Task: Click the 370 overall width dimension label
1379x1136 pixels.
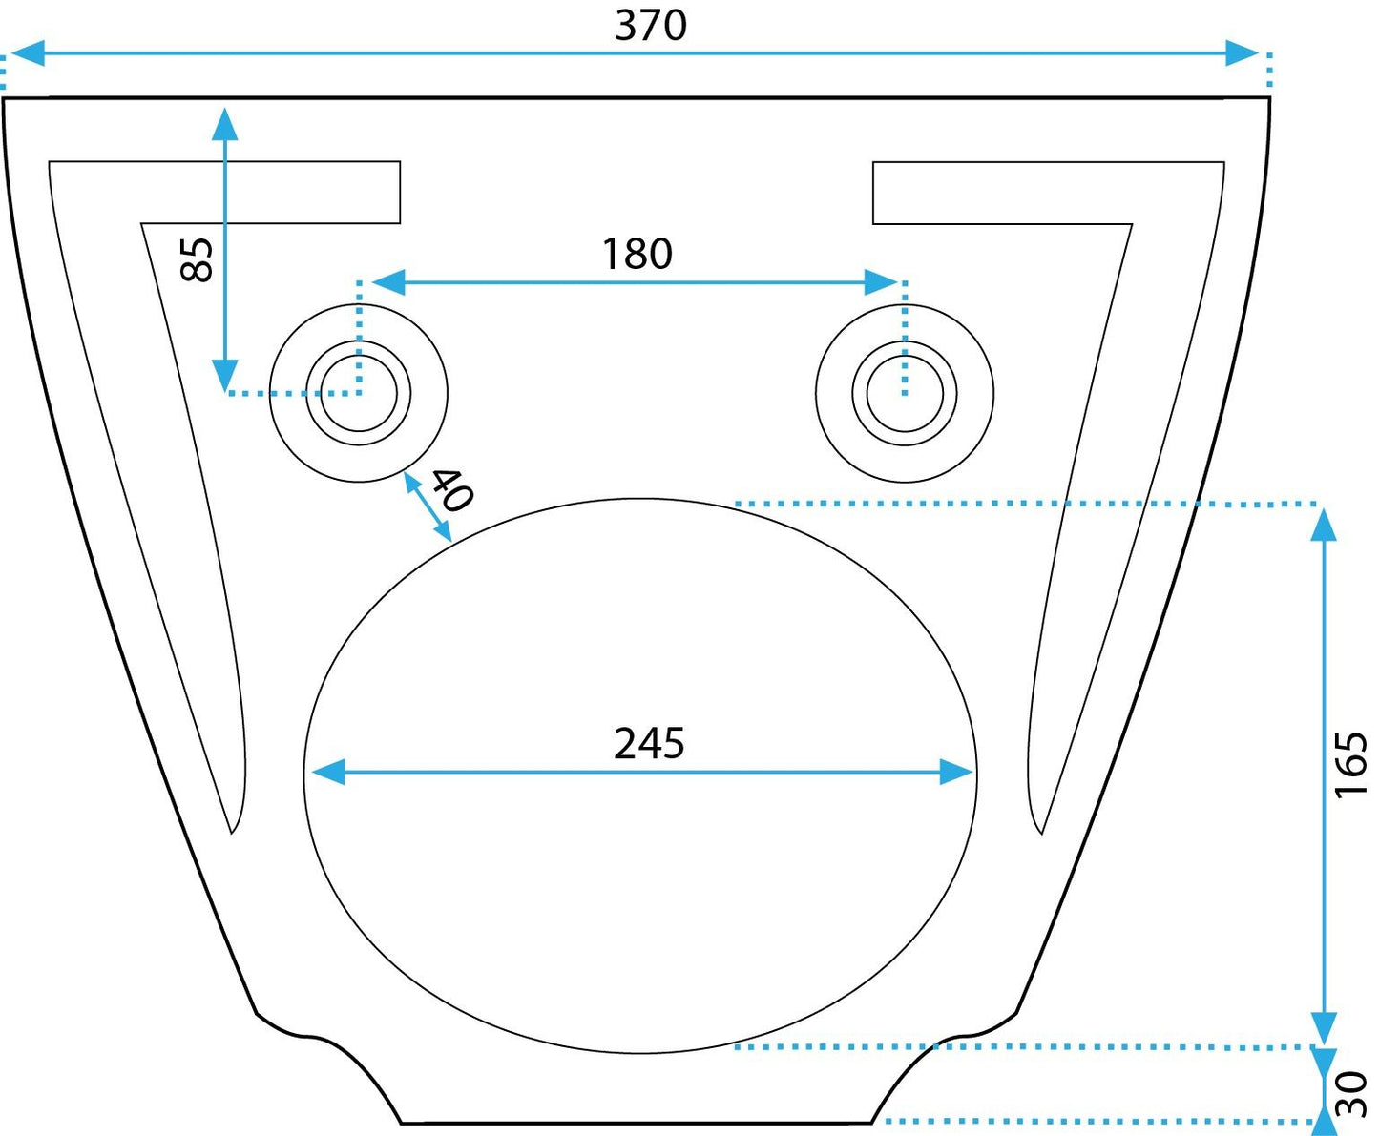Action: (650, 25)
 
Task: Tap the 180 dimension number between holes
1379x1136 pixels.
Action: (637, 254)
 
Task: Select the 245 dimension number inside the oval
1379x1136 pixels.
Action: (649, 743)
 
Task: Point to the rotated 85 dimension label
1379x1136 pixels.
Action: (198, 258)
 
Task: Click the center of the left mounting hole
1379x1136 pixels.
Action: (359, 393)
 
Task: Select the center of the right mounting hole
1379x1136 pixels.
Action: (905, 393)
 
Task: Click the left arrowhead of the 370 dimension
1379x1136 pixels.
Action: (27, 53)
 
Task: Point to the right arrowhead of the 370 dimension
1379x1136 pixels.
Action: (1243, 53)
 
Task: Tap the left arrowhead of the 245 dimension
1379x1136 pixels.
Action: (328, 772)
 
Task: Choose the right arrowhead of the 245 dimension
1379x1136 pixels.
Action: (956, 772)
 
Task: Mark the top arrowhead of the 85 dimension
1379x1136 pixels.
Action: (225, 124)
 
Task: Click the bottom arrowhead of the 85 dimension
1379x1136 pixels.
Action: (225, 374)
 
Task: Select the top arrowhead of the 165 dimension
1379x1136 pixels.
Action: (1324, 525)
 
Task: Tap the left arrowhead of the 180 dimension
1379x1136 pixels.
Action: (388, 282)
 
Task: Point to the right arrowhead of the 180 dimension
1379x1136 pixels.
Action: (880, 282)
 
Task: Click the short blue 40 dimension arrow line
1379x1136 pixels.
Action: (428, 506)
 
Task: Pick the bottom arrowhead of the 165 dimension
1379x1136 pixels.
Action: (1324, 1028)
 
